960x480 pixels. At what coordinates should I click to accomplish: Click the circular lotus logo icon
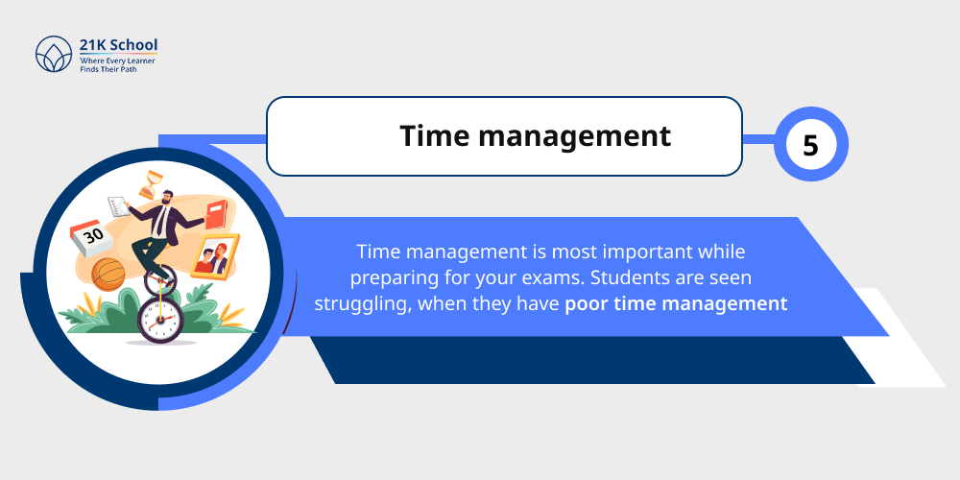pyautogui.click(x=54, y=56)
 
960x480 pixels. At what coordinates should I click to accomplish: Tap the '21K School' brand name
pyautogui.click(x=118, y=45)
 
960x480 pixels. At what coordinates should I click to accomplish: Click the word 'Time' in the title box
pyautogui.click(x=434, y=136)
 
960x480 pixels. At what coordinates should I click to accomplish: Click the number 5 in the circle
pyautogui.click(x=810, y=146)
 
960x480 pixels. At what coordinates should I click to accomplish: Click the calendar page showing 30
pyautogui.click(x=93, y=236)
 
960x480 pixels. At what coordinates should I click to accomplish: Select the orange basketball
pyautogui.click(x=107, y=274)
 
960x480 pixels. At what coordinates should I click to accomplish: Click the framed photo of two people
pyautogui.click(x=214, y=256)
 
